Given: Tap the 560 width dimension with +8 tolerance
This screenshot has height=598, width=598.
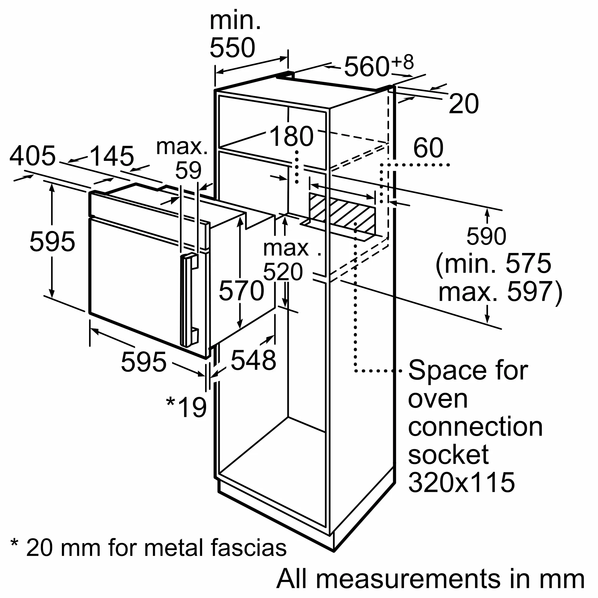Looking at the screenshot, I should pos(367,67).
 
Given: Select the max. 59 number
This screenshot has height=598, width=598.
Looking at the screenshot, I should pos(188,170).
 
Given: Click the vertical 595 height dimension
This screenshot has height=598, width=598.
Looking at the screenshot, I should pos(52,241).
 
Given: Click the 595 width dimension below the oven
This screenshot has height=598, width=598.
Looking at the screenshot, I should pos(144,362).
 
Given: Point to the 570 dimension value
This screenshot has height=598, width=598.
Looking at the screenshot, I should pos(241,291).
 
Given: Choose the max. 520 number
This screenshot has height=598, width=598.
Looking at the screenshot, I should pos(283,272).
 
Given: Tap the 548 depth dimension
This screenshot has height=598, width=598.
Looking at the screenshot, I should pos(253,360).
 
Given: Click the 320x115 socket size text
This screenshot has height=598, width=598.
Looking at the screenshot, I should pos(461,482).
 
